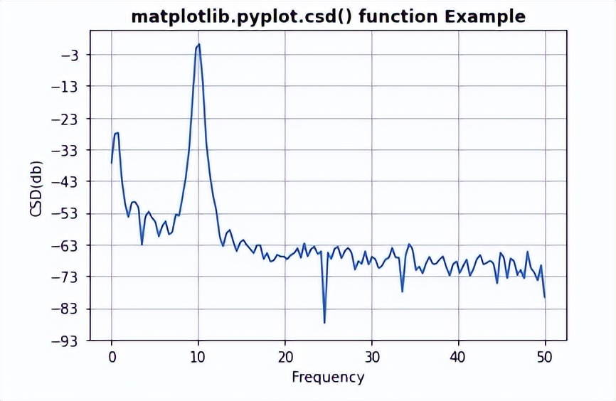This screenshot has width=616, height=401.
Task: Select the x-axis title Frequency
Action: pos(328,377)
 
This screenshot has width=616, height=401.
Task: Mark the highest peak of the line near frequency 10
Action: pos(199,44)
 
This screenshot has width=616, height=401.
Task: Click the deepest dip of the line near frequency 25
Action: pos(324,323)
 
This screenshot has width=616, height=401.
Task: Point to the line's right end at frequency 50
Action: pos(545,297)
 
